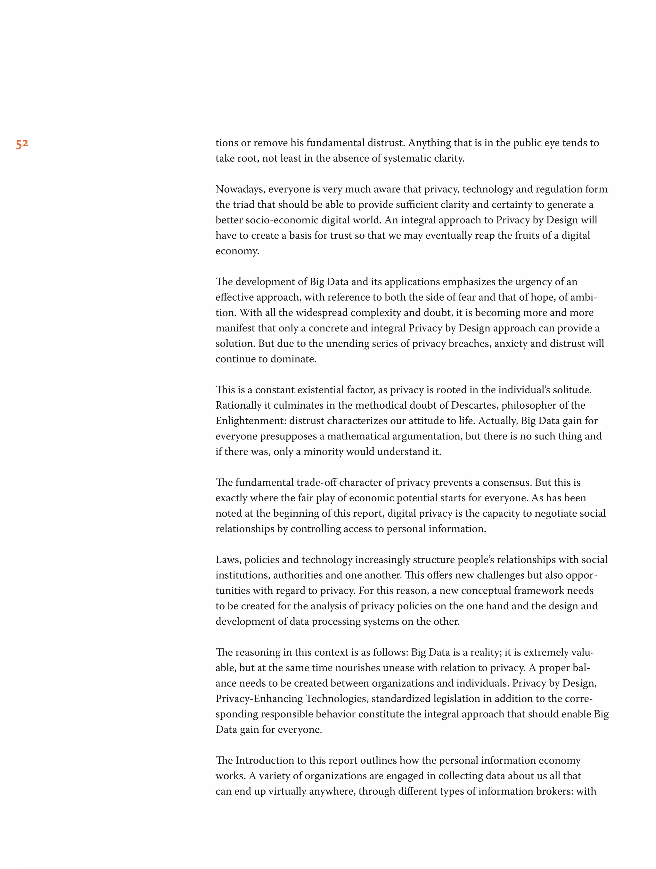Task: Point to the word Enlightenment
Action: [x=250, y=421]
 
